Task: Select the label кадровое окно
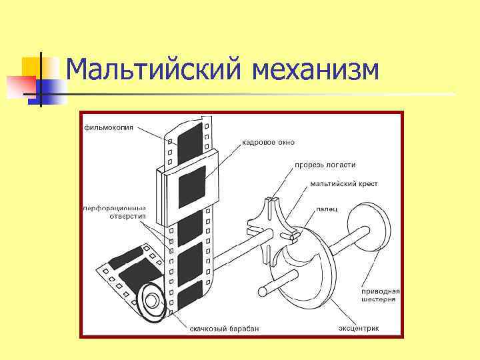(267, 142)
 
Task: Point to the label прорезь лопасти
(325, 165)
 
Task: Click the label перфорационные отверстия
(114, 213)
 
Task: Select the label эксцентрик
(359, 328)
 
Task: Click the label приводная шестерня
(381, 295)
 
